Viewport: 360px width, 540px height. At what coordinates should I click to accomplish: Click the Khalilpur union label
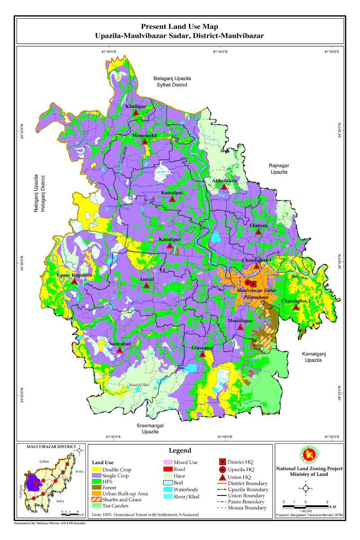pos(135,106)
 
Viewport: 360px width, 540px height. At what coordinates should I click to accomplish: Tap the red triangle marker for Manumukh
pos(144,141)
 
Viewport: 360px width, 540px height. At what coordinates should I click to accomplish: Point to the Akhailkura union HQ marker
pos(224,187)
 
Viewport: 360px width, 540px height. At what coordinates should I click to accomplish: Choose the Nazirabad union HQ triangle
pos(119,350)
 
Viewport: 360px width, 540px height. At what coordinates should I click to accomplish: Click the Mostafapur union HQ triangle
pos(240,327)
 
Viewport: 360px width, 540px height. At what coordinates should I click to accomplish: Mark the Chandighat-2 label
pos(295,301)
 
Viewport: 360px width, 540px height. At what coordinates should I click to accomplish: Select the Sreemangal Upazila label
pos(150,428)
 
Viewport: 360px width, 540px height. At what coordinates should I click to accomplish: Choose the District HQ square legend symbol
pos(222,462)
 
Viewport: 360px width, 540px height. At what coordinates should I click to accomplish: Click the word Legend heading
pos(180,450)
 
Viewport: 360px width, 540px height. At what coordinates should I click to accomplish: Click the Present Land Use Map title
pos(180,27)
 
